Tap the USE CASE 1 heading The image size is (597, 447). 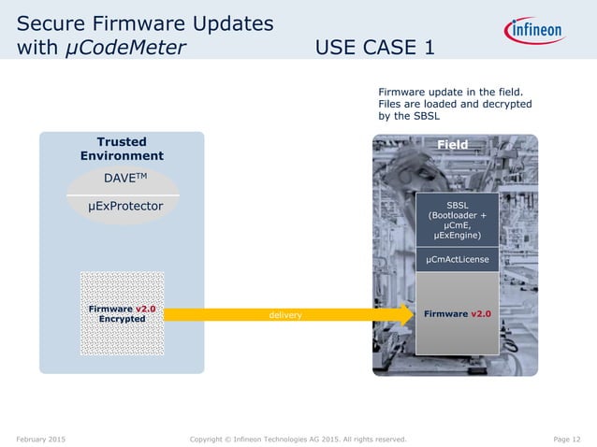point(375,47)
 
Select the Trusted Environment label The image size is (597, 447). point(121,149)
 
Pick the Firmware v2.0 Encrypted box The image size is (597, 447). point(122,313)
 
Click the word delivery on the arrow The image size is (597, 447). point(286,315)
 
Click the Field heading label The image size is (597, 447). point(453,145)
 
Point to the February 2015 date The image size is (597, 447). point(41,438)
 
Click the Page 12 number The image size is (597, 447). point(567,438)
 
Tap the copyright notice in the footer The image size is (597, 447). point(298,438)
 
